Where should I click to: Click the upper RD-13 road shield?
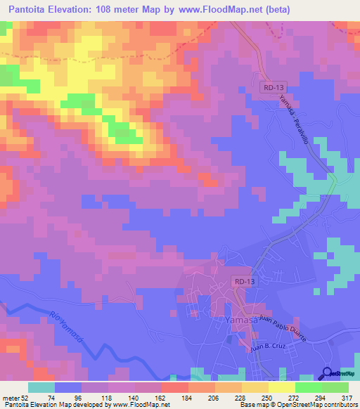coord(271,86)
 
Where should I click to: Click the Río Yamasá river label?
coord(66,327)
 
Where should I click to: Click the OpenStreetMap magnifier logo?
coord(328,374)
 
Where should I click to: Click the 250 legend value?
coord(257,398)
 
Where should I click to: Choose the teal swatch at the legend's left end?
coord(41,388)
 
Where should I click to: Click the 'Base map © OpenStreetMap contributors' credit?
coord(297,405)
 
